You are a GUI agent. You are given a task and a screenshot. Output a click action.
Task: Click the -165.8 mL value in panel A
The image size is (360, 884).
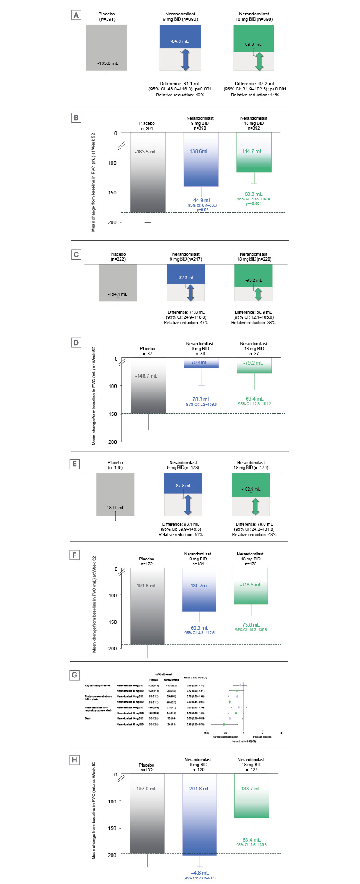click(107, 63)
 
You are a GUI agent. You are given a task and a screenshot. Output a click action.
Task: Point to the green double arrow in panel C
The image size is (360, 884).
click(258, 293)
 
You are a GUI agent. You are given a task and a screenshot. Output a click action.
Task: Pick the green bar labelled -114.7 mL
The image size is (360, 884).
click(254, 152)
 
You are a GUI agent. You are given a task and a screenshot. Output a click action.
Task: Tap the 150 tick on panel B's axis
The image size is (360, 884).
click(112, 193)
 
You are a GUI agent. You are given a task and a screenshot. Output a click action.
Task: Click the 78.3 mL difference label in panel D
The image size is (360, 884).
click(201, 399)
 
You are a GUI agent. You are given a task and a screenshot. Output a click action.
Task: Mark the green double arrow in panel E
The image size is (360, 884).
click(256, 506)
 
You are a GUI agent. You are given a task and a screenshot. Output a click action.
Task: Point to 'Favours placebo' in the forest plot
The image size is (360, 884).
click(263, 736)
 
